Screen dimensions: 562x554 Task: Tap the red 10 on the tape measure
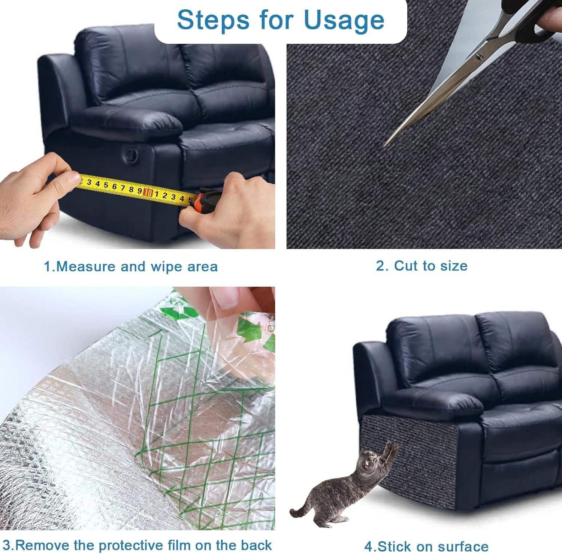coord(148,192)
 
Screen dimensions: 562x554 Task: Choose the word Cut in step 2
coord(407,266)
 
